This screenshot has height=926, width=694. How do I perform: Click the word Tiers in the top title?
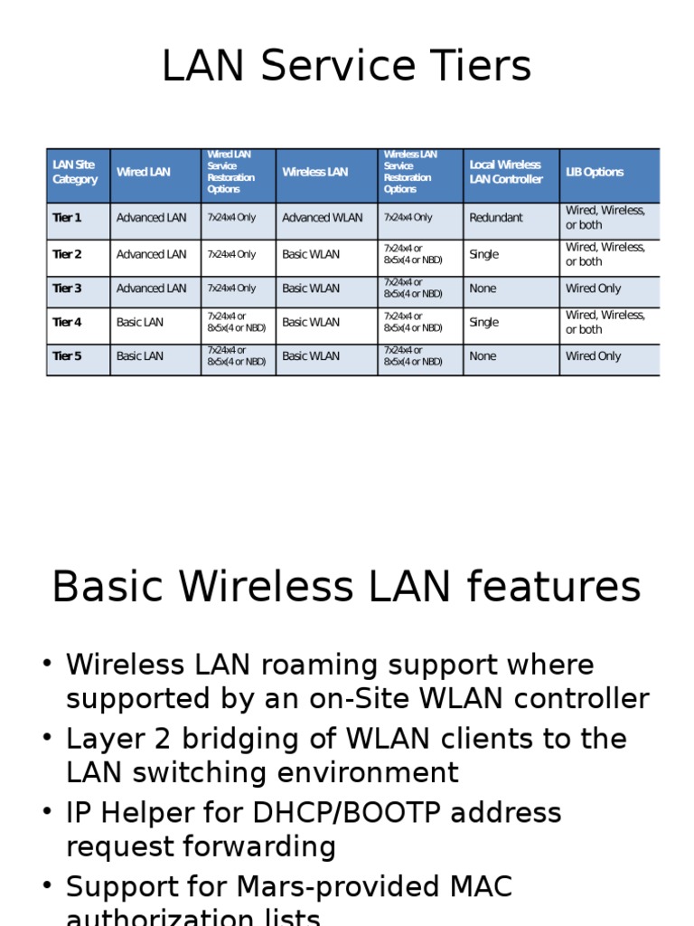[x=474, y=67]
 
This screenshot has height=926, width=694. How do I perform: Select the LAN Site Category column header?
[x=75, y=172]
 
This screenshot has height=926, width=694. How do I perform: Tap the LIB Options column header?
[x=595, y=172]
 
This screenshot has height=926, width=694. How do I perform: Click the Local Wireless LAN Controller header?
[x=506, y=172]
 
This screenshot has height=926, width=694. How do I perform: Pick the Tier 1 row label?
[x=67, y=218]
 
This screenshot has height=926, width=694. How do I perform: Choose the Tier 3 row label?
[x=67, y=288]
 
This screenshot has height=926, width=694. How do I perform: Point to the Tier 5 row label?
[x=67, y=356]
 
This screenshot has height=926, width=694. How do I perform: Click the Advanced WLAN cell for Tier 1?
[x=323, y=218]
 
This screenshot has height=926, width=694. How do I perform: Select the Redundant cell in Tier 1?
[x=496, y=218]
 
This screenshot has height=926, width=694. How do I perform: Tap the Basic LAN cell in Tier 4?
[x=140, y=322]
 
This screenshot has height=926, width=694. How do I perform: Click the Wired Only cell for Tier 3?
[x=594, y=288]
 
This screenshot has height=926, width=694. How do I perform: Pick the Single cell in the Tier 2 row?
[x=484, y=254]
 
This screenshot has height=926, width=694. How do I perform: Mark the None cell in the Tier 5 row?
[x=483, y=356]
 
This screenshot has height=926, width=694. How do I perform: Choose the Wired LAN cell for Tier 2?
[x=152, y=254]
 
